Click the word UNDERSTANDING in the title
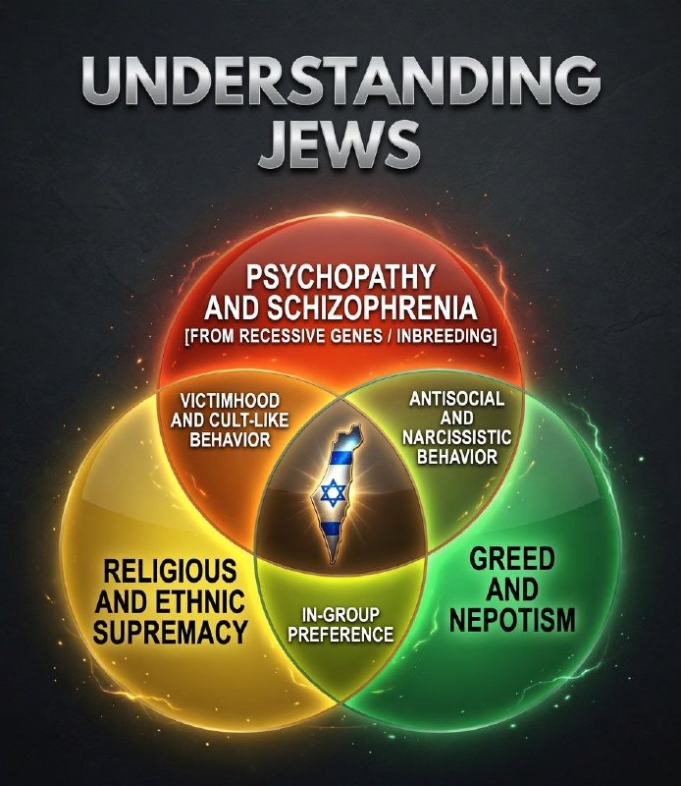340,82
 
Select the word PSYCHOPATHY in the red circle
340,277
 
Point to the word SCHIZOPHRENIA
372,308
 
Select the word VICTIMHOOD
230,401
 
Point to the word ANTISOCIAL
456,399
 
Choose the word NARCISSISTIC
456,437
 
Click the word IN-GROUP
340,615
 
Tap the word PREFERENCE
340,634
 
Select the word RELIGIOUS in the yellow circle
171,571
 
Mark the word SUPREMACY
171,632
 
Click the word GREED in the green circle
512,558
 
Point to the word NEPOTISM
512,619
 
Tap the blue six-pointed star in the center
333,492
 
